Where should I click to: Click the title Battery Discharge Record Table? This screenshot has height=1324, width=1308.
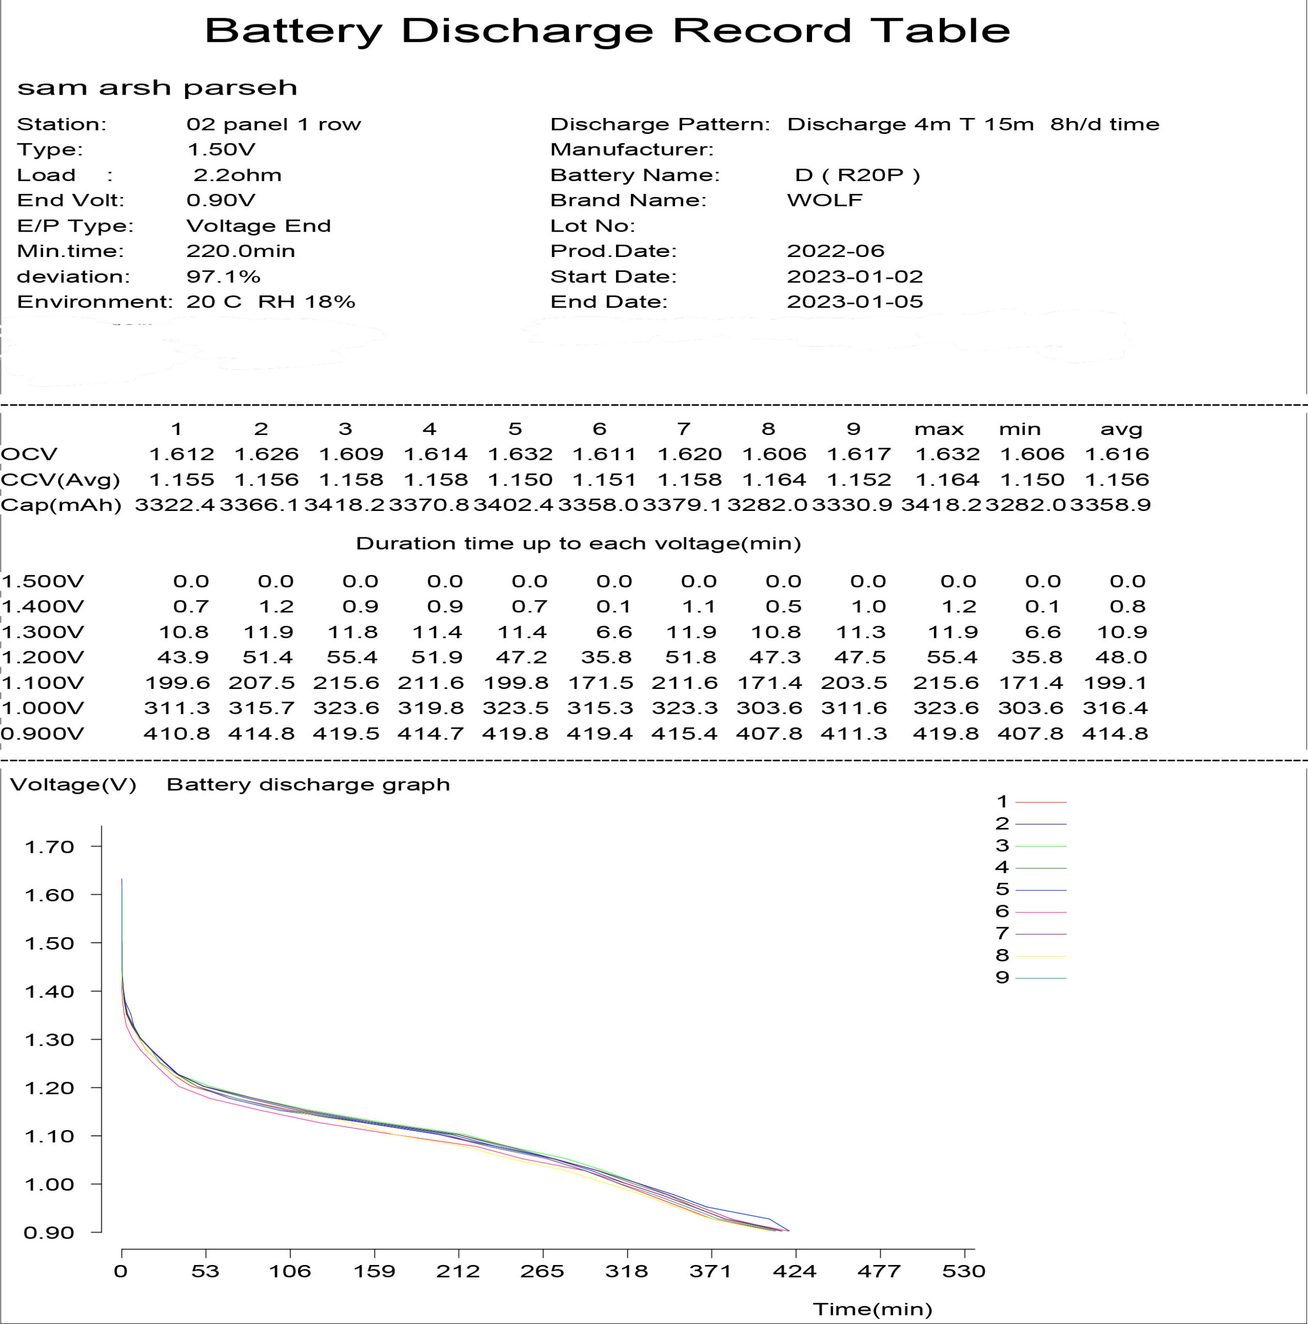(x=607, y=31)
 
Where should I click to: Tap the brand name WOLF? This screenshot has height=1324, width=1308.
(x=824, y=200)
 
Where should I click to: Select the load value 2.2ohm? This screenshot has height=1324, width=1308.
(x=237, y=175)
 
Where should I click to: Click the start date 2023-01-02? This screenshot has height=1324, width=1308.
(x=854, y=276)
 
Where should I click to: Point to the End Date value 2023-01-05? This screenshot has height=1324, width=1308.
(x=854, y=302)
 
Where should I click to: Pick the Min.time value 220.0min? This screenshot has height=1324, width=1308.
(x=240, y=251)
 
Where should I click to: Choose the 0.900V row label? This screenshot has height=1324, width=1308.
(x=42, y=733)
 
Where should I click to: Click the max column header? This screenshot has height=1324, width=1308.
(x=939, y=429)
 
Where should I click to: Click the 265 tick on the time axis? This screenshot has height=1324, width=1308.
(x=542, y=1272)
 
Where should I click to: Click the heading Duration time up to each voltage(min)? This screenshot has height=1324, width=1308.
(x=578, y=544)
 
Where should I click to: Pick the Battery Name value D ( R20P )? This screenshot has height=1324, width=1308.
(x=857, y=175)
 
